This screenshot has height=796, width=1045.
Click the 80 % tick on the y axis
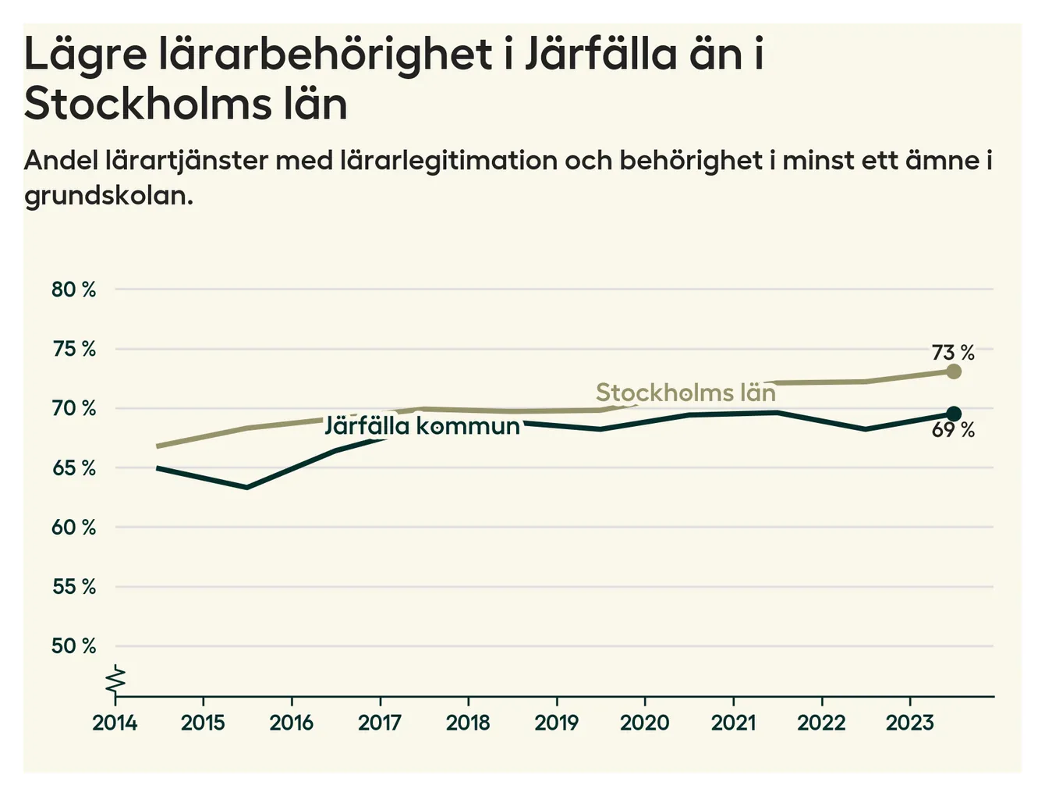click(73, 290)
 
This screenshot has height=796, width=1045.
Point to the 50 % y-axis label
click(73, 646)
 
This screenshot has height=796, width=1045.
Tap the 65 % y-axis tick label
click(73, 468)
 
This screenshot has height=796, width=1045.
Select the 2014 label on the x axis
click(115, 723)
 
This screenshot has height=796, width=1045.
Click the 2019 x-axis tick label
click(556, 723)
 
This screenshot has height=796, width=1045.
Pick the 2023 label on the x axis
click(909, 723)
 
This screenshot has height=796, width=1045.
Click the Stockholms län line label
click(685, 393)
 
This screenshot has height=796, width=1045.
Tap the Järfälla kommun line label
click(422, 426)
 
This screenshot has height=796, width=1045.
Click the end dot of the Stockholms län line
click(953, 371)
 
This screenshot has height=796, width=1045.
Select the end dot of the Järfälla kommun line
click(953, 414)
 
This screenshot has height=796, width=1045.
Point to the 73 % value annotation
click(953, 353)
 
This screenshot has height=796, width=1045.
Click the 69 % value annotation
click(953, 430)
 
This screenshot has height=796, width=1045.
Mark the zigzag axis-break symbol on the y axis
click(115, 680)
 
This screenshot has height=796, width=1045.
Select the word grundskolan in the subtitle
click(108, 195)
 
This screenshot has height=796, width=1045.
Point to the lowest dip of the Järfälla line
click(246, 487)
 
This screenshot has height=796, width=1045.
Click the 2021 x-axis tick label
click(733, 723)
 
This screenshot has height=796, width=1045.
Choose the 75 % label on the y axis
click(73, 349)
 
